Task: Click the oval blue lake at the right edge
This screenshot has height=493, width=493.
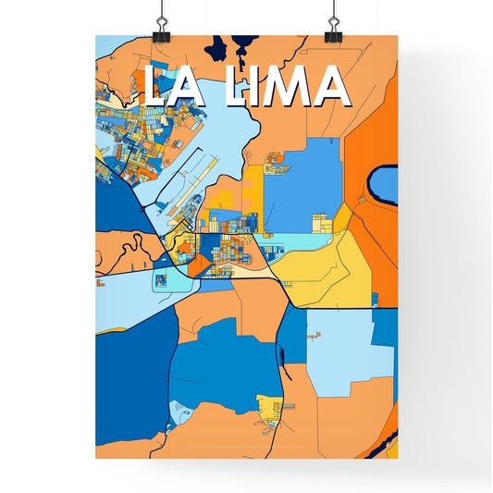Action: click(x=384, y=185)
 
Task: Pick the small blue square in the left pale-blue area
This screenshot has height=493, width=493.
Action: click(x=161, y=279)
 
